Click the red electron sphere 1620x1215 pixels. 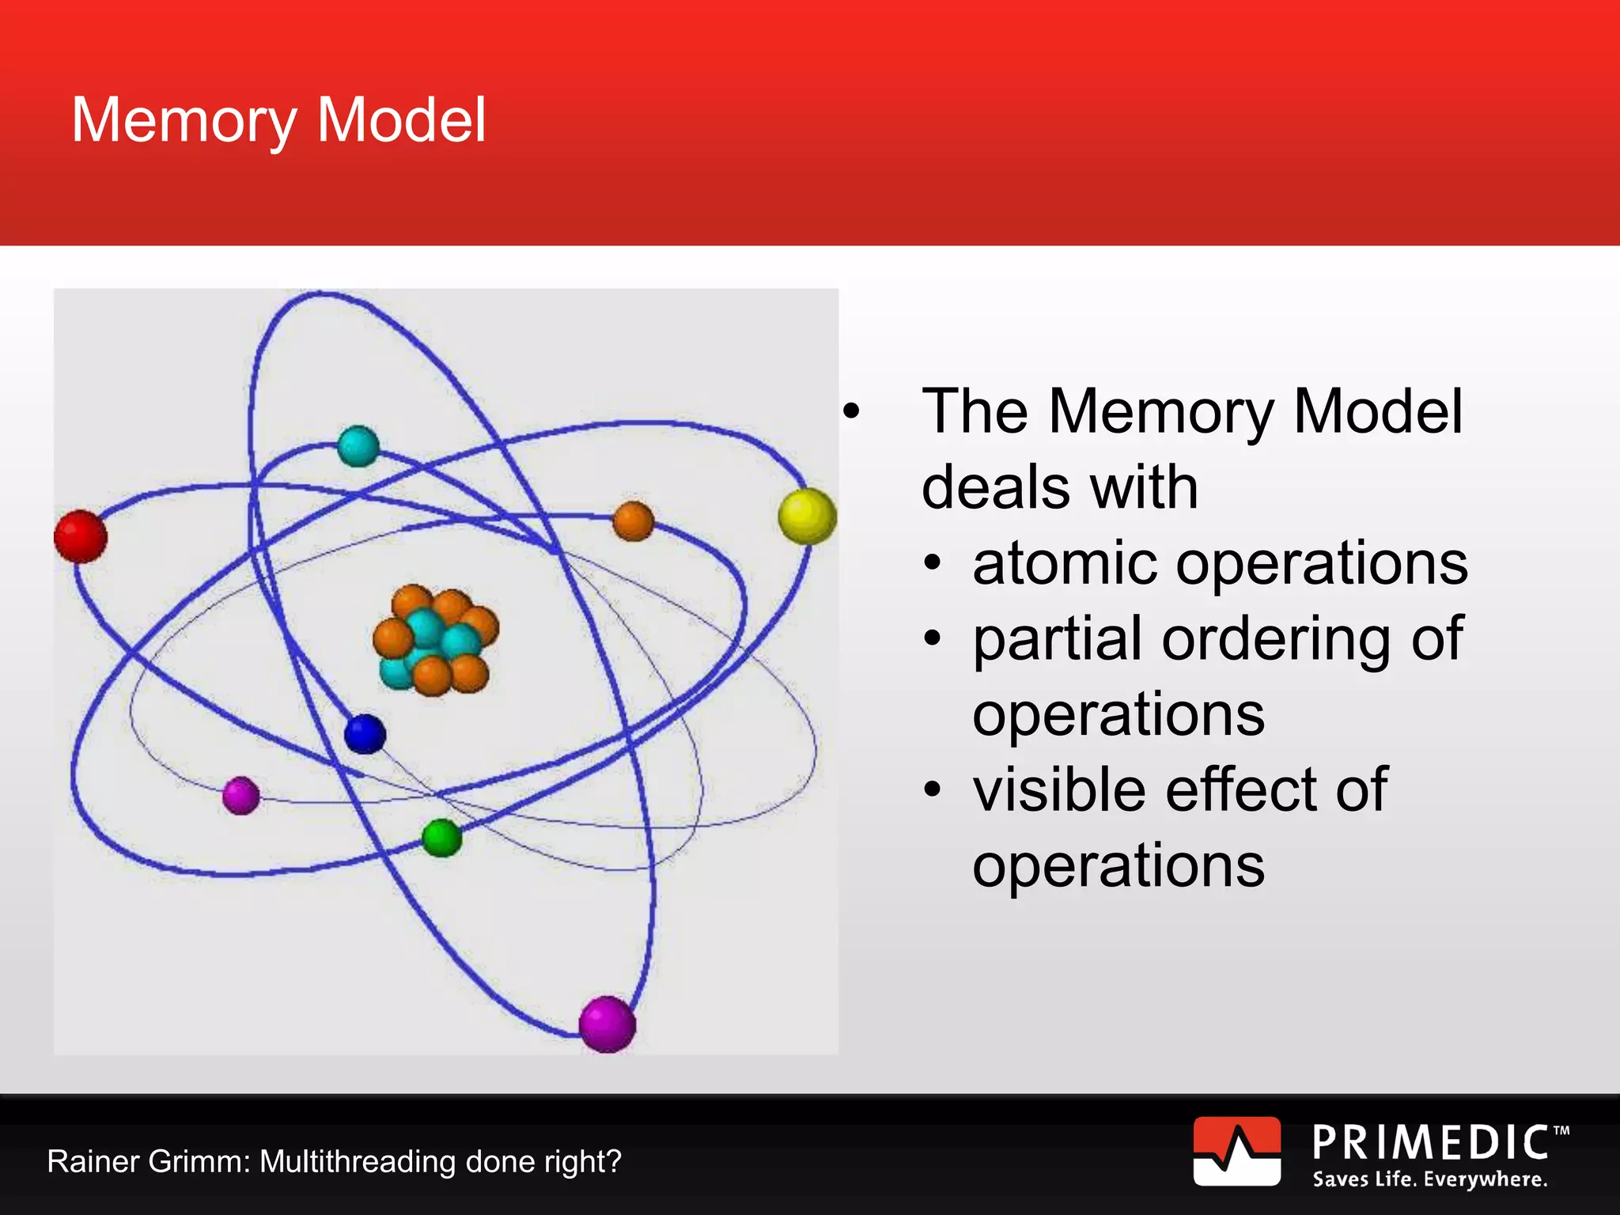click(x=80, y=536)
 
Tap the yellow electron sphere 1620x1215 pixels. click(x=807, y=516)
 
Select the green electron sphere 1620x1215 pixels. click(x=441, y=838)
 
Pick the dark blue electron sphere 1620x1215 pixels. click(x=365, y=733)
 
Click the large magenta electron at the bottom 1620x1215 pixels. click(x=607, y=1024)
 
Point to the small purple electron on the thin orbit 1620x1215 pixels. click(x=241, y=795)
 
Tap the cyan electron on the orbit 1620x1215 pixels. click(x=358, y=446)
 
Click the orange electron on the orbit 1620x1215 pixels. click(x=633, y=521)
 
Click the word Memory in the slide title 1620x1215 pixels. click(x=184, y=121)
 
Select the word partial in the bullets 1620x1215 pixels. click(x=1057, y=639)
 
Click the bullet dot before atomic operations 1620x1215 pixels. click(x=933, y=565)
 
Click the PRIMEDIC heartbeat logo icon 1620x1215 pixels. click(x=1236, y=1151)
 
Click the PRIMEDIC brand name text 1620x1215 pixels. click(x=1430, y=1143)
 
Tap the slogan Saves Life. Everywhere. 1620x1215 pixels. click(x=1429, y=1179)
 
